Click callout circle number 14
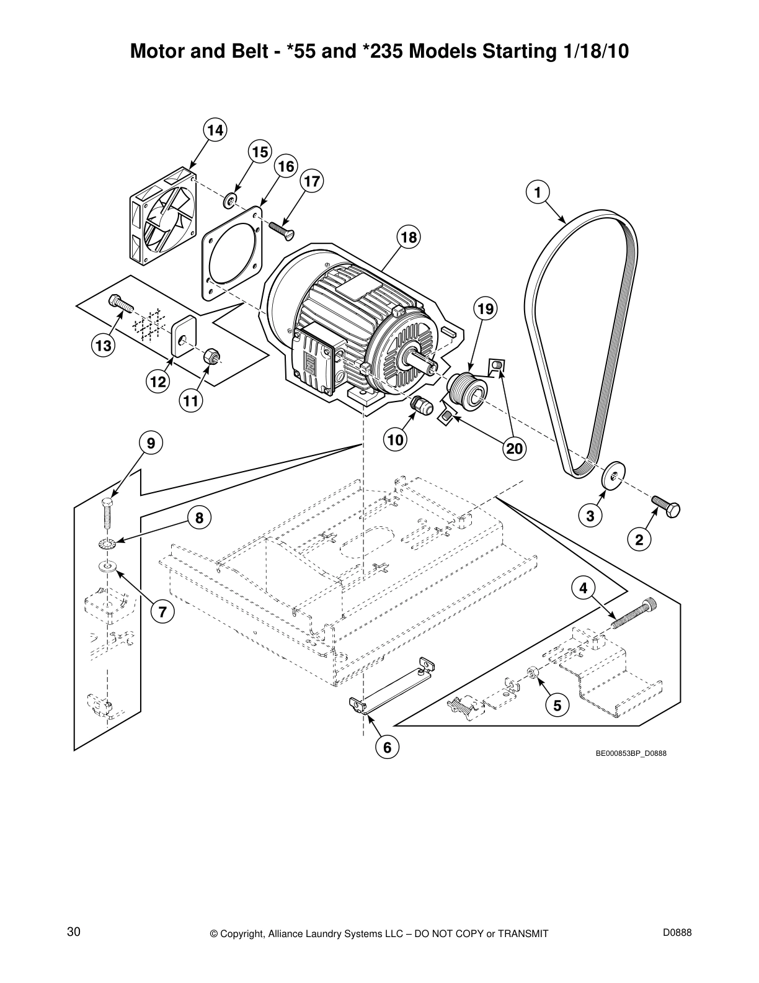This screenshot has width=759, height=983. coord(215,130)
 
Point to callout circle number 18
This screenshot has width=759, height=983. coord(409,237)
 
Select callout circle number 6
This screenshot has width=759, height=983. coord(387,748)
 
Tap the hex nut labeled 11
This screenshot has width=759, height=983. coord(211,356)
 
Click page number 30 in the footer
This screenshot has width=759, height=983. coord(73,932)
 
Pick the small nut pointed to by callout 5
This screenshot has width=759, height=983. coord(532,673)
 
